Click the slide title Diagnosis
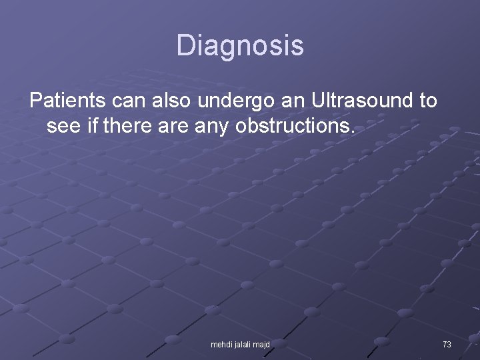(240, 46)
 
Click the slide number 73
(447, 345)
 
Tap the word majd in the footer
(262, 345)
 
